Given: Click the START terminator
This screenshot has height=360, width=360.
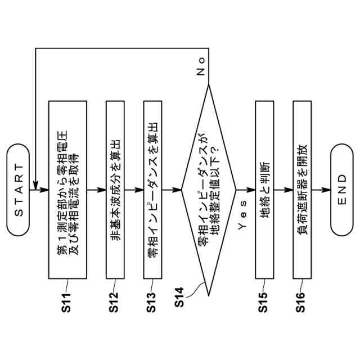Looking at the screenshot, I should point(19,190).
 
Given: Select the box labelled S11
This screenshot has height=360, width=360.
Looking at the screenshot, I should point(67,190).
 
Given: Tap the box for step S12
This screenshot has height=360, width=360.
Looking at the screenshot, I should point(115,190).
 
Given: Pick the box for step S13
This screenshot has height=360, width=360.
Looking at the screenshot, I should point(153,190).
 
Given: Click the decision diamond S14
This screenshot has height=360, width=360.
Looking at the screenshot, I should point(209,190).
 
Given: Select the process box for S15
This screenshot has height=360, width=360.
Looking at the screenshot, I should point(265,190).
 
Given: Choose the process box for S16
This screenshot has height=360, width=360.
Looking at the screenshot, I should point(303,190).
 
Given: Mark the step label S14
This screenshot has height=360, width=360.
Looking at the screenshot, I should point(179,296).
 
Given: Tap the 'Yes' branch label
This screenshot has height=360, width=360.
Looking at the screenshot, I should point(242,220).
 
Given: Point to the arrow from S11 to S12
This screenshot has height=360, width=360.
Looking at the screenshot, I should point(96,190).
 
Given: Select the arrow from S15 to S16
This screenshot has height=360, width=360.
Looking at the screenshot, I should point(283,190).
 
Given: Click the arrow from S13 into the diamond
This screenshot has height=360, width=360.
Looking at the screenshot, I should point(172,190).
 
